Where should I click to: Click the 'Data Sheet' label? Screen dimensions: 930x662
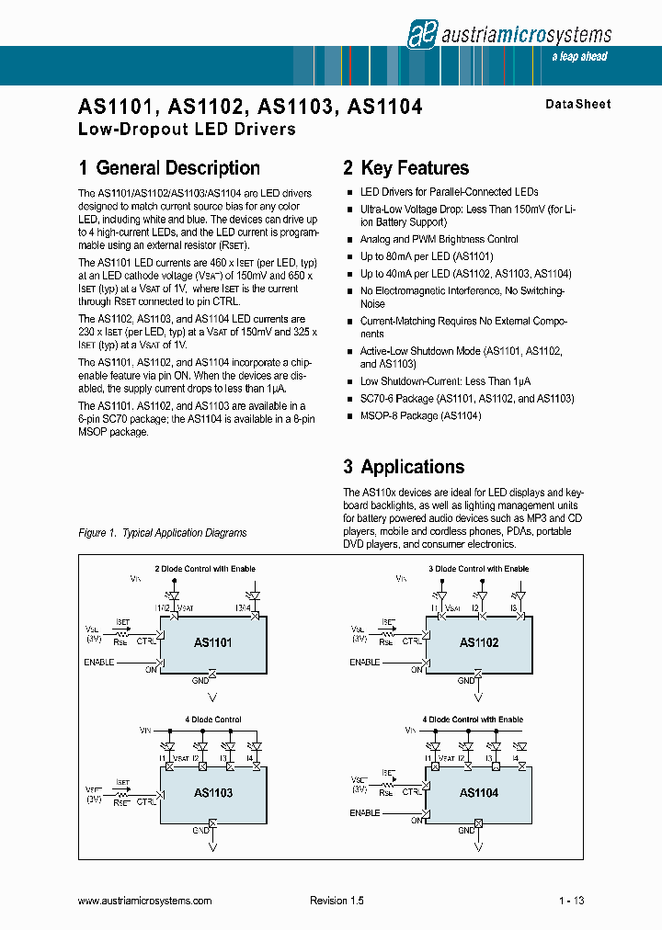point(577,105)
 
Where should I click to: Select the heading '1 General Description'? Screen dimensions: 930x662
point(169,168)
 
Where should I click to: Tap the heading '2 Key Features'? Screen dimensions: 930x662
point(405,168)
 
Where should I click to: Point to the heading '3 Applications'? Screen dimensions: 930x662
point(404,467)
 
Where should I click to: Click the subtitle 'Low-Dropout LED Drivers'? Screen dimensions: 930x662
point(187,130)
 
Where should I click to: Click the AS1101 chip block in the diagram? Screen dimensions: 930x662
point(212,643)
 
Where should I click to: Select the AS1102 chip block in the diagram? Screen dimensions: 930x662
point(478,643)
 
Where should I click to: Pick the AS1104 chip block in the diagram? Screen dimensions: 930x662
point(478,793)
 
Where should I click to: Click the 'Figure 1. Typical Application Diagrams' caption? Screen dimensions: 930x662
point(163,533)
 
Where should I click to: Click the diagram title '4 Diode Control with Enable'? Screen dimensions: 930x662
point(473,720)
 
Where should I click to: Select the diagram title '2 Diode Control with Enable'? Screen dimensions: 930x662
point(204,569)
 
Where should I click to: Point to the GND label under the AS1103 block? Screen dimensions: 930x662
point(200,830)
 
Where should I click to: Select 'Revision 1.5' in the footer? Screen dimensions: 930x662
point(337,902)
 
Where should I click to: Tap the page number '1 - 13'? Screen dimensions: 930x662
point(571,902)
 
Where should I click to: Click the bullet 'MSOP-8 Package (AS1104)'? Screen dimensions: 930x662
point(420,416)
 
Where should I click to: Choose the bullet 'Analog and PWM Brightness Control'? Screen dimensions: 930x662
point(439,239)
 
